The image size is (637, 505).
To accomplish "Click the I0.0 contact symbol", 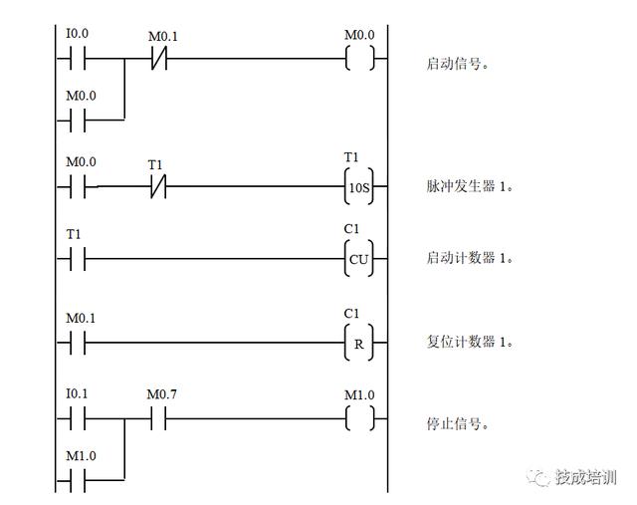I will [77, 60].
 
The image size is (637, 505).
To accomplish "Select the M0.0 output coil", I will [359, 60].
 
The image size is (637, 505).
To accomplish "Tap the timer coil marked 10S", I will [359, 186].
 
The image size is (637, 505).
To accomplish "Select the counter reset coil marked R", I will [359, 345].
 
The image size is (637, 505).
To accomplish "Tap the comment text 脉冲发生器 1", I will [469, 187].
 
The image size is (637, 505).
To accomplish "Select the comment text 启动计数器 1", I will [469, 259].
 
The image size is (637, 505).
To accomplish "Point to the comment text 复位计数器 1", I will [469, 342].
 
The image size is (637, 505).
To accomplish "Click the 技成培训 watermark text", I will [586, 477].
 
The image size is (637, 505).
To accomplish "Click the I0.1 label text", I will [77, 394].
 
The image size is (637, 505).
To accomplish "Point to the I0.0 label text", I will [77, 34].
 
